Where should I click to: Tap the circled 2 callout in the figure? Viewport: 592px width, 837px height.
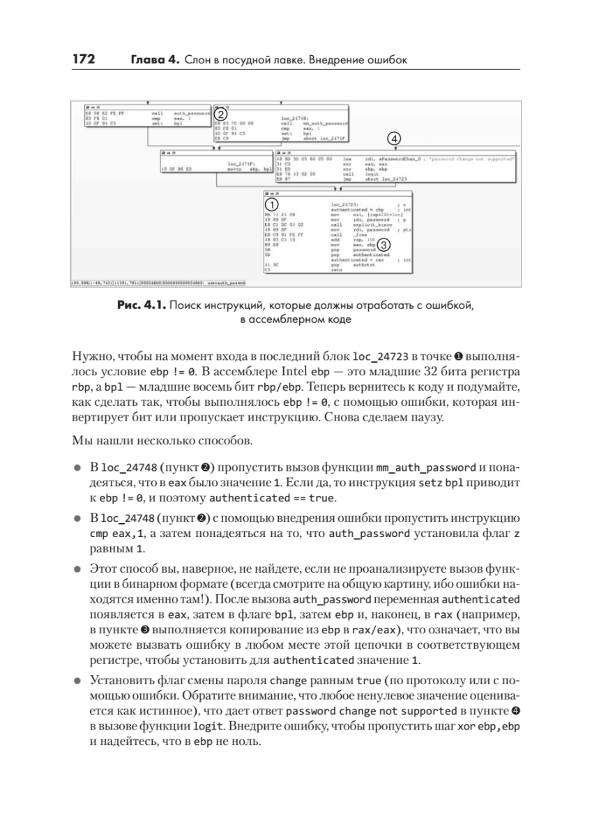220,113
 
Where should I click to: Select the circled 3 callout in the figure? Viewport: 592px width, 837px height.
386,245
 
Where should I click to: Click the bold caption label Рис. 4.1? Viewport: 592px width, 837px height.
142,307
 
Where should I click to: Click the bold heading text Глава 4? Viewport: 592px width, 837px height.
155,60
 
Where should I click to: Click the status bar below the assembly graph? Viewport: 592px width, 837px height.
158,283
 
